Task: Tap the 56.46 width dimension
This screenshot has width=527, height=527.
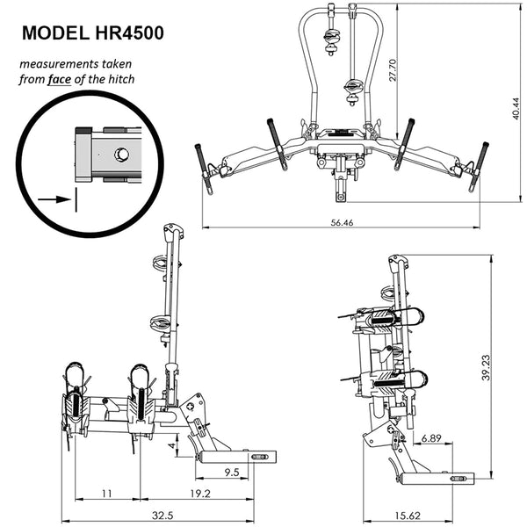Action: coord(343,223)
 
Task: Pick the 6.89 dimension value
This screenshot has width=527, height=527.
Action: coord(430,437)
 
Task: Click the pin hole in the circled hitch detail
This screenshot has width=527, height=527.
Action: coord(122,155)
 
